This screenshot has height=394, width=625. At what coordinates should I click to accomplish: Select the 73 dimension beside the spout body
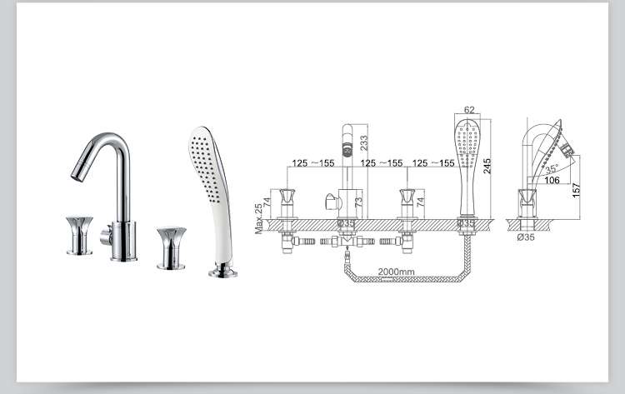358,202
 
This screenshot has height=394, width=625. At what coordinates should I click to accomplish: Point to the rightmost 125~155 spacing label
432,163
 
